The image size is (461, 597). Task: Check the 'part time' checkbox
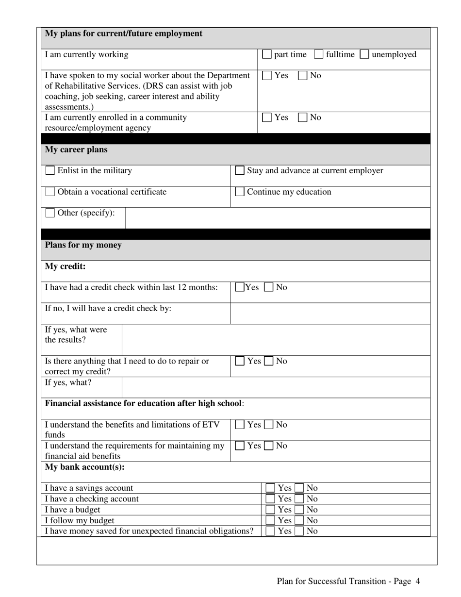click(x=266, y=54)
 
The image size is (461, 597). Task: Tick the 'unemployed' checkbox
click(x=364, y=54)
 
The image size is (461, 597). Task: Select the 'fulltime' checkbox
click(x=318, y=54)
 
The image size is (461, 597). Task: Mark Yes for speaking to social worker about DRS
click(x=266, y=76)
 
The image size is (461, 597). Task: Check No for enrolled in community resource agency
click(x=302, y=117)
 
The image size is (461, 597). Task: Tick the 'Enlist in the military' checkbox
click(x=50, y=171)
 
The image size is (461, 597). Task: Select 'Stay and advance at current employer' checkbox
click(x=239, y=171)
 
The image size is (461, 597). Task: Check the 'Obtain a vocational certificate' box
click(x=50, y=192)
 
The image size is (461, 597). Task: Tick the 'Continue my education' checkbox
click(x=239, y=192)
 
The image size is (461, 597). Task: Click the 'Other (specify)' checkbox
click(x=50, y=213)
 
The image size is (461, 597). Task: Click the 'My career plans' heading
click(x=76, y=149)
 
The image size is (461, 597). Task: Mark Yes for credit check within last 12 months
click(x=239, y=287)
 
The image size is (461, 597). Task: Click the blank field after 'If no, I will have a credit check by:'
click(x=330, y=313)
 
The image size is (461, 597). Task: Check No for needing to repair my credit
click(x=269, y=361)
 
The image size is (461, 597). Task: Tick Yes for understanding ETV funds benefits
click(x=239, y=425)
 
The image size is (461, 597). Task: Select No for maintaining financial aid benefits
click(x=269, y=446)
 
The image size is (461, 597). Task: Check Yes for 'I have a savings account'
click(x=270, y=488)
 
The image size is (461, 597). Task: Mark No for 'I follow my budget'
click(x=299, y=520)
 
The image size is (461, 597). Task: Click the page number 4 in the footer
click(x=418, y=581)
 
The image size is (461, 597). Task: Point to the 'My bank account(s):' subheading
click(x=84, y=467)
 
